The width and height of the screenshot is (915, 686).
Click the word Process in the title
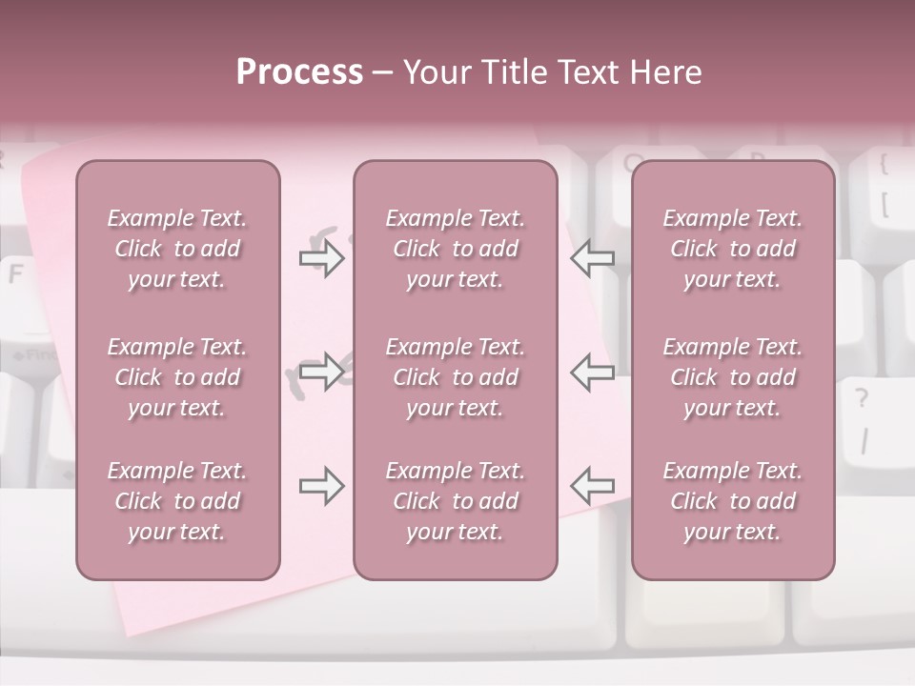[x=299, y=72]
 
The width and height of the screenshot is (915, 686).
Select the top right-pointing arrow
[x=321, y=258]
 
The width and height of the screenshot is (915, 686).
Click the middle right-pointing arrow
[x=321, y=372]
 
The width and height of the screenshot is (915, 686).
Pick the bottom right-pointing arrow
[x=321, y=486]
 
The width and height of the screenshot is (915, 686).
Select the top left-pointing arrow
[x=593, y=258]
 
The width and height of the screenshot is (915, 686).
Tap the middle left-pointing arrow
[x=593, y=372]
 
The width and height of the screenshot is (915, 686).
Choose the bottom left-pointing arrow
[x=593, y=486]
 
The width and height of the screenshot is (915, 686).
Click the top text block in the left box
[x=177, y=249]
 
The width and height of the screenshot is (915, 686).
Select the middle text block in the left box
[x=177, y=377]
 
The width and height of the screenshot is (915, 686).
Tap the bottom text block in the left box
[x=177, y=501]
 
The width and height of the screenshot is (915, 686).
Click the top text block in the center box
[x=455, y=249]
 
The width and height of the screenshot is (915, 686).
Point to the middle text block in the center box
[x=455, y=377]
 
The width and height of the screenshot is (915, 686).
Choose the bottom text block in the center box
[x=455, y=501]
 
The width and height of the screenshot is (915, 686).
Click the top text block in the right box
[x=732, y=249]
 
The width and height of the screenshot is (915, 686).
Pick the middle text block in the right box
[x=732, y=377]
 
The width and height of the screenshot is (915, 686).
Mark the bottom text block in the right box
[x=732, y=501]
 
